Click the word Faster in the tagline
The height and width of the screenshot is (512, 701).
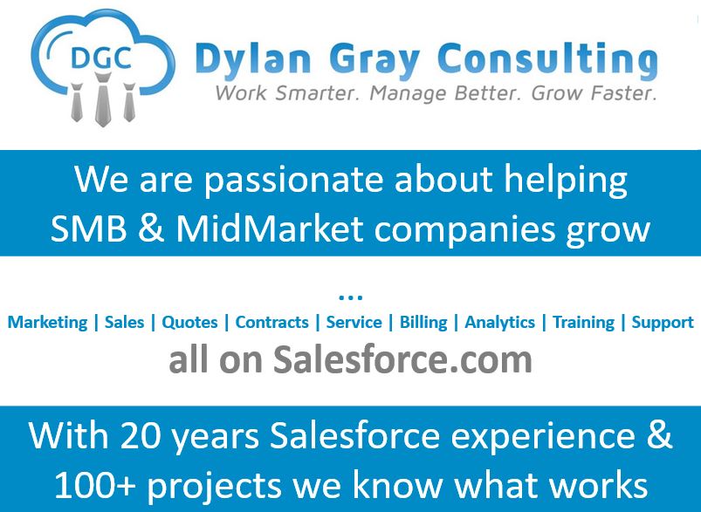click(614, 92)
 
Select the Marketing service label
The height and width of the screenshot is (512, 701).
click(47, 322)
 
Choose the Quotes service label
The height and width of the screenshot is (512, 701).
click(189, 322)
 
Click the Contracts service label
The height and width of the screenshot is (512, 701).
click(271, 322)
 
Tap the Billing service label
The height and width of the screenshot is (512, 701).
click(423, 322)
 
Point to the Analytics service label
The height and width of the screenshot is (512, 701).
click(499, 322)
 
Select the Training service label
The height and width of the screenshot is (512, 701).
click(583, 322)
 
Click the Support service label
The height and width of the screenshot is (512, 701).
click(663, 322)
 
